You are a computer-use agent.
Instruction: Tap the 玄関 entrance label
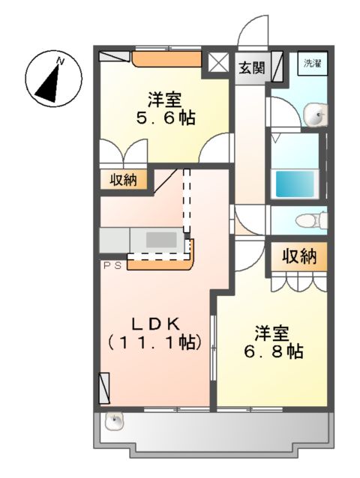[251, 68]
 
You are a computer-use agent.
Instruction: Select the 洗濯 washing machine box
[311, 64]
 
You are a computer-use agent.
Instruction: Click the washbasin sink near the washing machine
[316, 115]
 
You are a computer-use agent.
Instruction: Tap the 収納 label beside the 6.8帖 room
[299, 256]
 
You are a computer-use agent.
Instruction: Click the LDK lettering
[156, 324]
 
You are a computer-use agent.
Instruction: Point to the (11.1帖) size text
[156, 342]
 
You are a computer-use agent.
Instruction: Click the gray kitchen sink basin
[160, 240]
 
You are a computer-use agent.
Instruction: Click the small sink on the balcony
[115, 423]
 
